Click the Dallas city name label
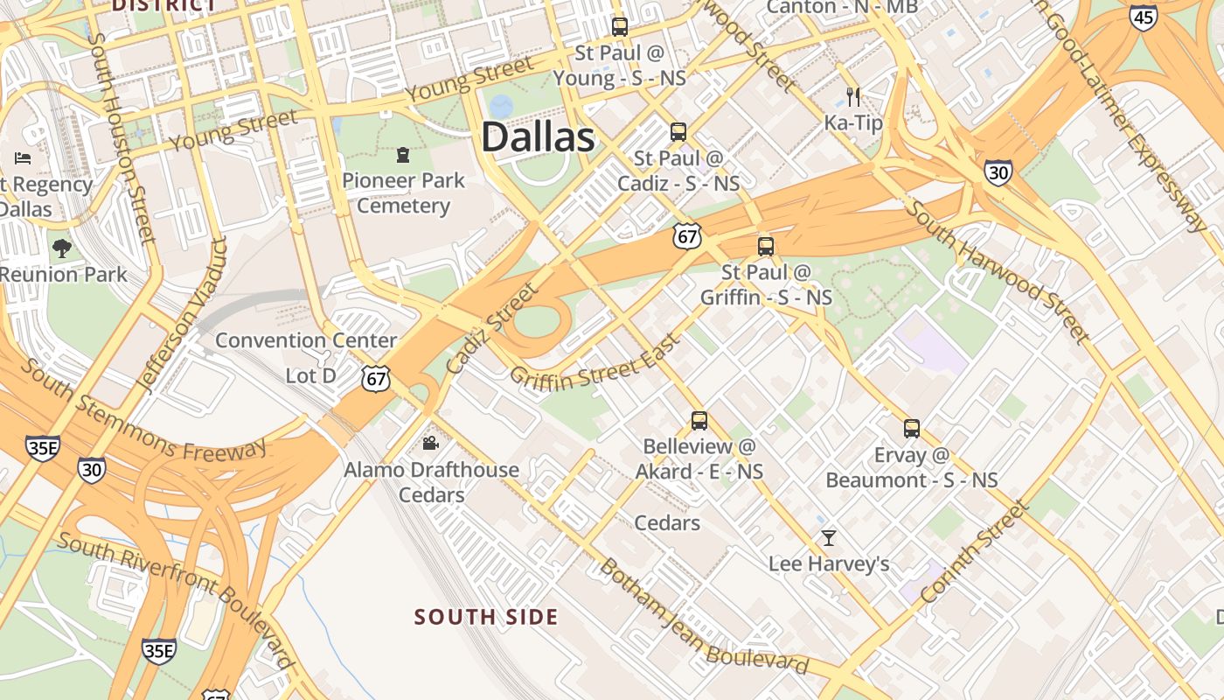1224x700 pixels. pyautogui.click(x=538, y=138)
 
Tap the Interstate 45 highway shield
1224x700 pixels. pyautogui.click(x=1143, y=17)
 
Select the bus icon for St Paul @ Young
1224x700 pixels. pyautogui.click(x=620, y=26)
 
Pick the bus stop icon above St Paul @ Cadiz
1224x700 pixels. pyautogui.click(x=678, y=132)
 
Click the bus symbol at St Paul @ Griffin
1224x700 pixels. pyautogui.click(x=766, y=246)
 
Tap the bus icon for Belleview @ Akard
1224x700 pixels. pyautogui.click(x=699, y=420)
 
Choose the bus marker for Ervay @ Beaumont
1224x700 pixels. pyautogui.click(x=912, y=429)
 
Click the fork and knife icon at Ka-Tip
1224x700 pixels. pyautogui.click(x=853, y=96)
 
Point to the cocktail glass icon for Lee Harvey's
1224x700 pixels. pyautogui.click(x=829, y=537)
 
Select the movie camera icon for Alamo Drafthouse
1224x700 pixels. pyautogui.click(x=430, y=444)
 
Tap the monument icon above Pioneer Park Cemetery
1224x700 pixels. pyautogui.click(x=403, y=155)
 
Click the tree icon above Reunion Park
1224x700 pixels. pyautogui.click(x=61, y=248)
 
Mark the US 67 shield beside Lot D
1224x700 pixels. pyautogui.click(x=375, y=379)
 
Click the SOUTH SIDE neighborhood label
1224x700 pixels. pyautogui.click(x=486, y=617)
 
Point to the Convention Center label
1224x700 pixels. pyautogui.click(x=306, y=340)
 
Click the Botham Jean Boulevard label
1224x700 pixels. pyautogui.click(x=704, y=618)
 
